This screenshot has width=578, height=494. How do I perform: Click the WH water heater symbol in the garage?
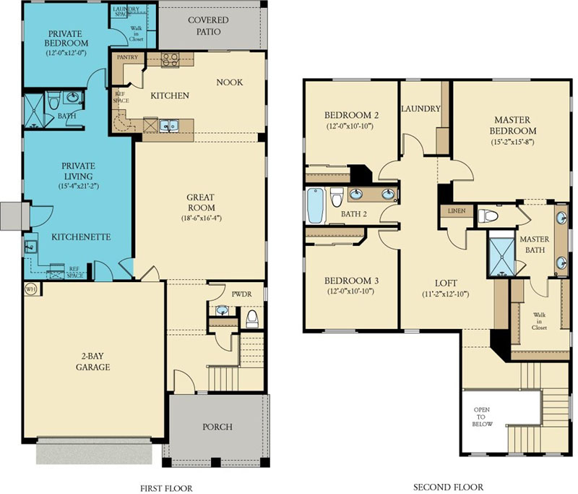point(30,289)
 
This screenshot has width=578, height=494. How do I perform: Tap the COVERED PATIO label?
point(208,26)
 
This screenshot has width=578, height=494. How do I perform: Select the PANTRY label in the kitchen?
point(127,57)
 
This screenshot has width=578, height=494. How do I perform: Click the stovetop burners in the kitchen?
point(170,60)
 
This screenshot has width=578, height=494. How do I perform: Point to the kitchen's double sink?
point(169,125)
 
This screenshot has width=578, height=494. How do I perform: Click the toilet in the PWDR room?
point(252,318)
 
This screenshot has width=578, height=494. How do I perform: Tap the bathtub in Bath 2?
point(316,205)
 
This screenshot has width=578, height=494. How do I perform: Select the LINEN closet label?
point(457,211)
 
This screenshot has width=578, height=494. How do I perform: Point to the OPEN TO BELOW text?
point(482,417)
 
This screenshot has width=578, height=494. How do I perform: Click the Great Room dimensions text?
point(201,218)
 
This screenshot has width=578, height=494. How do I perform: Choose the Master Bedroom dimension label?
point(512,142)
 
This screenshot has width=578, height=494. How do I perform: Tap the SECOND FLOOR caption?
point(448,487)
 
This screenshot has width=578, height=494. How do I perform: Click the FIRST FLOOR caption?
point(166,488)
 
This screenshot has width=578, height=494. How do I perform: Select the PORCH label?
point(217,427)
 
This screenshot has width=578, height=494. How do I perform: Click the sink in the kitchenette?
point(30,246)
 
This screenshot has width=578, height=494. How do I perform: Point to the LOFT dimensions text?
point(446,294)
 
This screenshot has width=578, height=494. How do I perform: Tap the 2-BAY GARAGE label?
point(93,362)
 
